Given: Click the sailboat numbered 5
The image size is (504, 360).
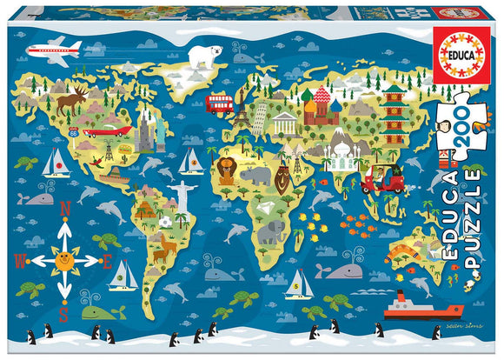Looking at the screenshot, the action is pos(299,283).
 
